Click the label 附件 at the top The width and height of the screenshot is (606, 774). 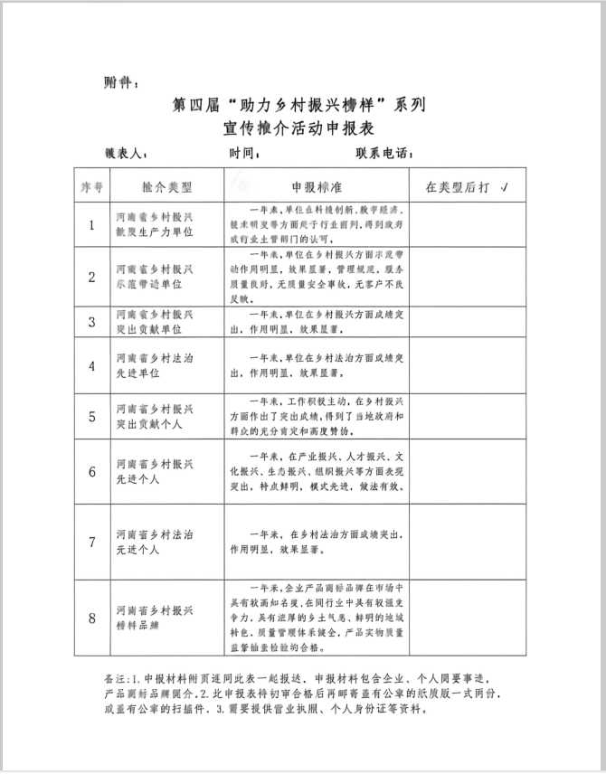click(119, 83)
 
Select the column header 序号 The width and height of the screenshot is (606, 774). click(91, 187)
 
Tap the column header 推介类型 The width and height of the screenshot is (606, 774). click(167, 187)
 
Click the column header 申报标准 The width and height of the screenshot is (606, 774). click(316, 187)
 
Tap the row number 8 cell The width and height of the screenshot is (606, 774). click(91, 618)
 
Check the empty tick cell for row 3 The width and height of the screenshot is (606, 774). click(467, 321)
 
